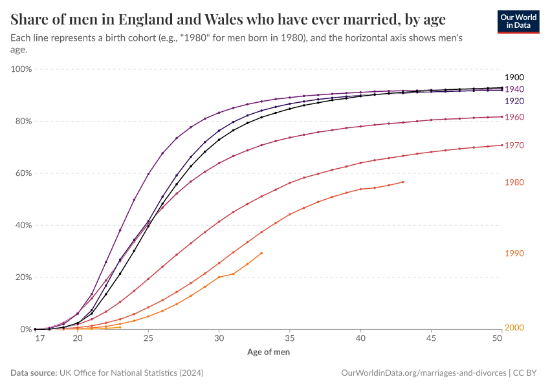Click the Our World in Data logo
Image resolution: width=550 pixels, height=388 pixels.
(518, 21)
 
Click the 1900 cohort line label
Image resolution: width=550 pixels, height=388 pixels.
(514, 78)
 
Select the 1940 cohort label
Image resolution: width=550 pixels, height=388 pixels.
(514, 89)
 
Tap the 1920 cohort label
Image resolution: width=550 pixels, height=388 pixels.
(514, 102)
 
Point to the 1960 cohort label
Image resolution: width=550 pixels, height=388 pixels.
(514, 117)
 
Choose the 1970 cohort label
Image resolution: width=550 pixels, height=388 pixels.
(514, 146)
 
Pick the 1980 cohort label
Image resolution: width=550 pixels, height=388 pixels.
(514, 183)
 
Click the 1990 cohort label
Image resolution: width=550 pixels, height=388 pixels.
(514, 253)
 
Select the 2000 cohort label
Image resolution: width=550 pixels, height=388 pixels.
(514, 328)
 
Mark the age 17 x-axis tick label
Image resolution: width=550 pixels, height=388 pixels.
(39, 338)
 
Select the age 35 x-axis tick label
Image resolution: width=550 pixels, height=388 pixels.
(290, 338)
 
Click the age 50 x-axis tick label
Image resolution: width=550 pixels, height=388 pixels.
(497, 338)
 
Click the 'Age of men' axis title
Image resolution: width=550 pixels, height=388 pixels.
(269, 352)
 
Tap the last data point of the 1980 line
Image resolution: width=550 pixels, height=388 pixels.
(403, 182)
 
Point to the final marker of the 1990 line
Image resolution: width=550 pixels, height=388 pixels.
(261, 253)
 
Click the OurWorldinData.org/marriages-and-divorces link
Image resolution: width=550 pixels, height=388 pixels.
(423, 373)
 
